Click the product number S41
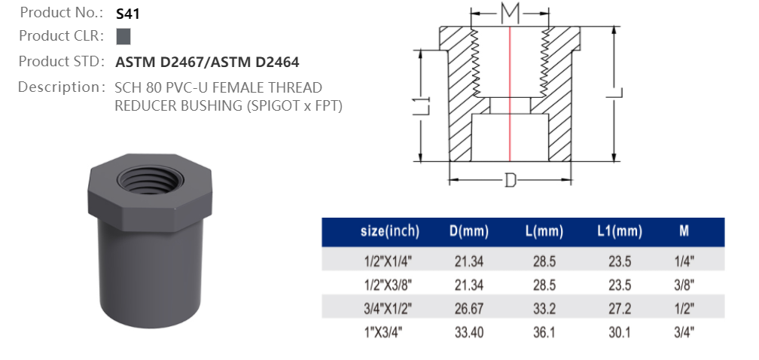(x=129, y=14)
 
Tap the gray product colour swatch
(x=124, y=36)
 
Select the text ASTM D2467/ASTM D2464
(x=207, y=62)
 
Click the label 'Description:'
(x=60, y=87)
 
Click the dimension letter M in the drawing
(x=511, y=13)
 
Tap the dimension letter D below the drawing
(x=511, y=182)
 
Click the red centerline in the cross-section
(x=511, y=90)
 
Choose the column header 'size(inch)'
(x=389, y=231)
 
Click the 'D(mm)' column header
(x=469, y=231)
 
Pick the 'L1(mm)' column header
(x=620, y=231)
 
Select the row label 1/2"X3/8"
(x=389, y=284)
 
